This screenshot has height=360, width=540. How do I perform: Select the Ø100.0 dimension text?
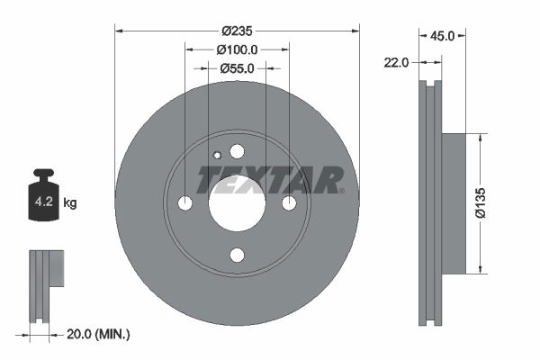(x=237, y=49)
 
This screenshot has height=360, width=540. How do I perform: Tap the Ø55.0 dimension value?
(x=237, y=67)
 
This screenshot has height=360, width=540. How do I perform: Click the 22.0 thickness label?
(x=397, y=62)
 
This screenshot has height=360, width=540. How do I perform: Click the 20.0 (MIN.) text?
(x=100, y=334)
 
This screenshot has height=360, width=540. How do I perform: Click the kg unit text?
(x=70, y=203)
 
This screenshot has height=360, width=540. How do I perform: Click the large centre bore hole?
(x=237, y=203)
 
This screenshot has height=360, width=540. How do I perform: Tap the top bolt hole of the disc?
(x=237, y=151)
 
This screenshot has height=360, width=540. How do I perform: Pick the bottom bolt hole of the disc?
(x=237, y=256)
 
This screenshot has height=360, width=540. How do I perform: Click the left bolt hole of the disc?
(x=184, y=203)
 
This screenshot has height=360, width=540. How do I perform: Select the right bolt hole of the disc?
(x=289, y=203)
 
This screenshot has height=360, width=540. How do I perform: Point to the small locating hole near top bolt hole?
(x=217, y=155)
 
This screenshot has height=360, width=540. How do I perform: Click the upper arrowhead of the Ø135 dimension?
(x=481, y=139)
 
